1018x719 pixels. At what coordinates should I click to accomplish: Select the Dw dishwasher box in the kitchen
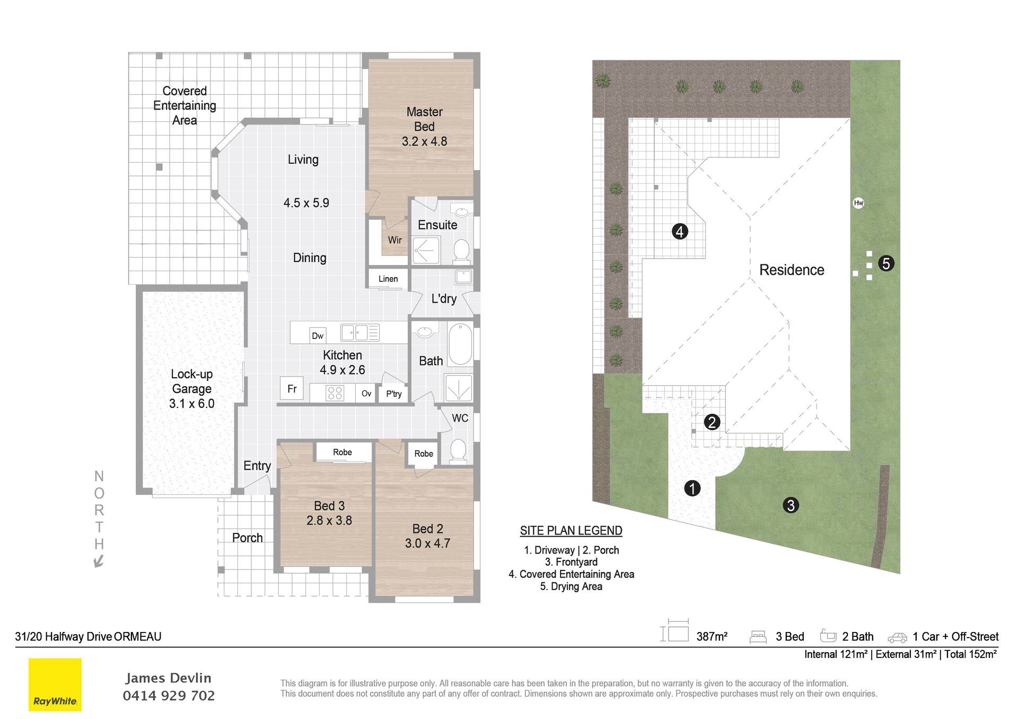tap(318, 335)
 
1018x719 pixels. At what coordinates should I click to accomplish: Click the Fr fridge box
tap(292, 388)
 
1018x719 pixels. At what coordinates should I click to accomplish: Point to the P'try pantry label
tap(393, 394)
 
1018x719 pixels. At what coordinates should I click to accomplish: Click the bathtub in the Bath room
tap(460, 344)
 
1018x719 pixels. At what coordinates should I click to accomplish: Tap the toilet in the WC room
tap(458, 451)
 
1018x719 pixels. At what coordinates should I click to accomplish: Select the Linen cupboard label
tap(388, 279)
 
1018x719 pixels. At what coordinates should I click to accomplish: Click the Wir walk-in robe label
tap(394, 240)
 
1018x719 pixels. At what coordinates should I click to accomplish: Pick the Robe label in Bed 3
tap(342, 452)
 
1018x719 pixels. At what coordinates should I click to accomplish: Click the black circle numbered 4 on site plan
tap(680, 232)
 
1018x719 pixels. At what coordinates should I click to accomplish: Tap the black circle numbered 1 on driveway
tap(692, 488)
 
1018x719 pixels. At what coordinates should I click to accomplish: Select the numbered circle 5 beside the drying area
tap(886, 263)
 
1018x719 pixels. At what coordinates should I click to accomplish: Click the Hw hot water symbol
tap(858, 203)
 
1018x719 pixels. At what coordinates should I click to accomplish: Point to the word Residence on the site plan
tap(792, 270)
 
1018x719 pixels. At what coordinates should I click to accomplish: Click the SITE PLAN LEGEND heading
tap(571, 530)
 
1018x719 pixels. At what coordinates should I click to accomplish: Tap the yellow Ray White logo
tap(55, 685)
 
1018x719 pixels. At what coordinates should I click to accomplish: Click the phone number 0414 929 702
tap(169, 696)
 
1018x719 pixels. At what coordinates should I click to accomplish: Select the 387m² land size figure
tap(712, 636)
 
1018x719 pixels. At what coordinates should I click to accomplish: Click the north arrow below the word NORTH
tap(99, 561)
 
